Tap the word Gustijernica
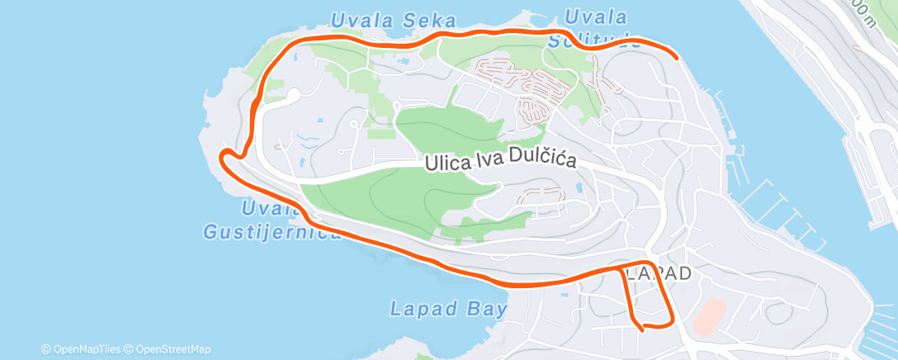coord(272,232)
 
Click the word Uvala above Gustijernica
coord(267,207)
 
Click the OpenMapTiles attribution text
coord(85,349)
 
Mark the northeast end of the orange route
coord(677,57)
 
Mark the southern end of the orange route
coord(642,329)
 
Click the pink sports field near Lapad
coord(709,316)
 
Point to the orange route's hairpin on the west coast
coord(223,153)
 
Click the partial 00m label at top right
coord(862,10)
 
